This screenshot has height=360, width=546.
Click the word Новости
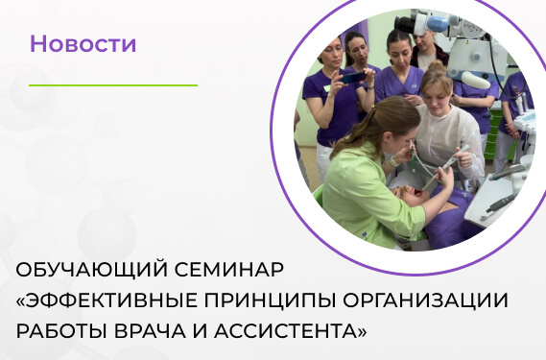click(x=83, y=43)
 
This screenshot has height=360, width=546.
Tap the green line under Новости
click(x=112, y=85)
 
